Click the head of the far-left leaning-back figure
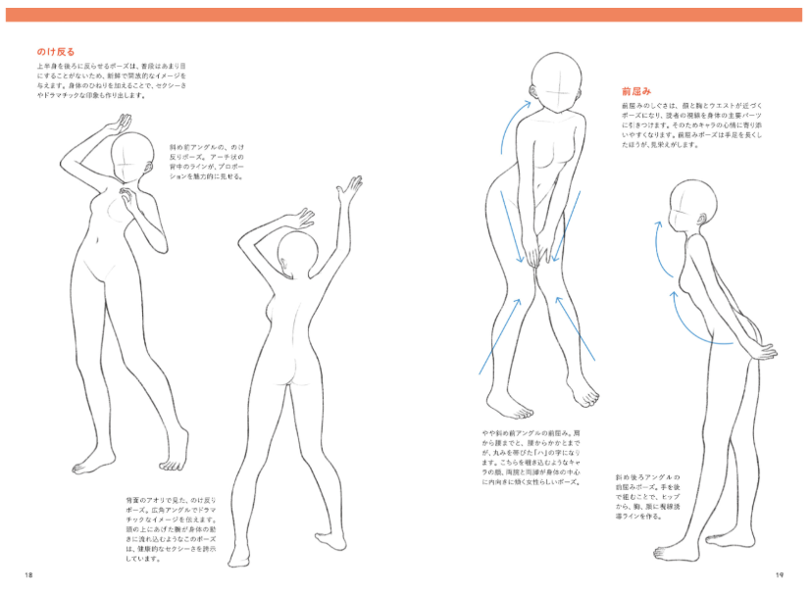[132, 157]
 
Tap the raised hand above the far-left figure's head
[120, 124]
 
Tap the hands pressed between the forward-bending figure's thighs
[538, 256]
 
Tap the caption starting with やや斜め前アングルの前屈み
[530, 457]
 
